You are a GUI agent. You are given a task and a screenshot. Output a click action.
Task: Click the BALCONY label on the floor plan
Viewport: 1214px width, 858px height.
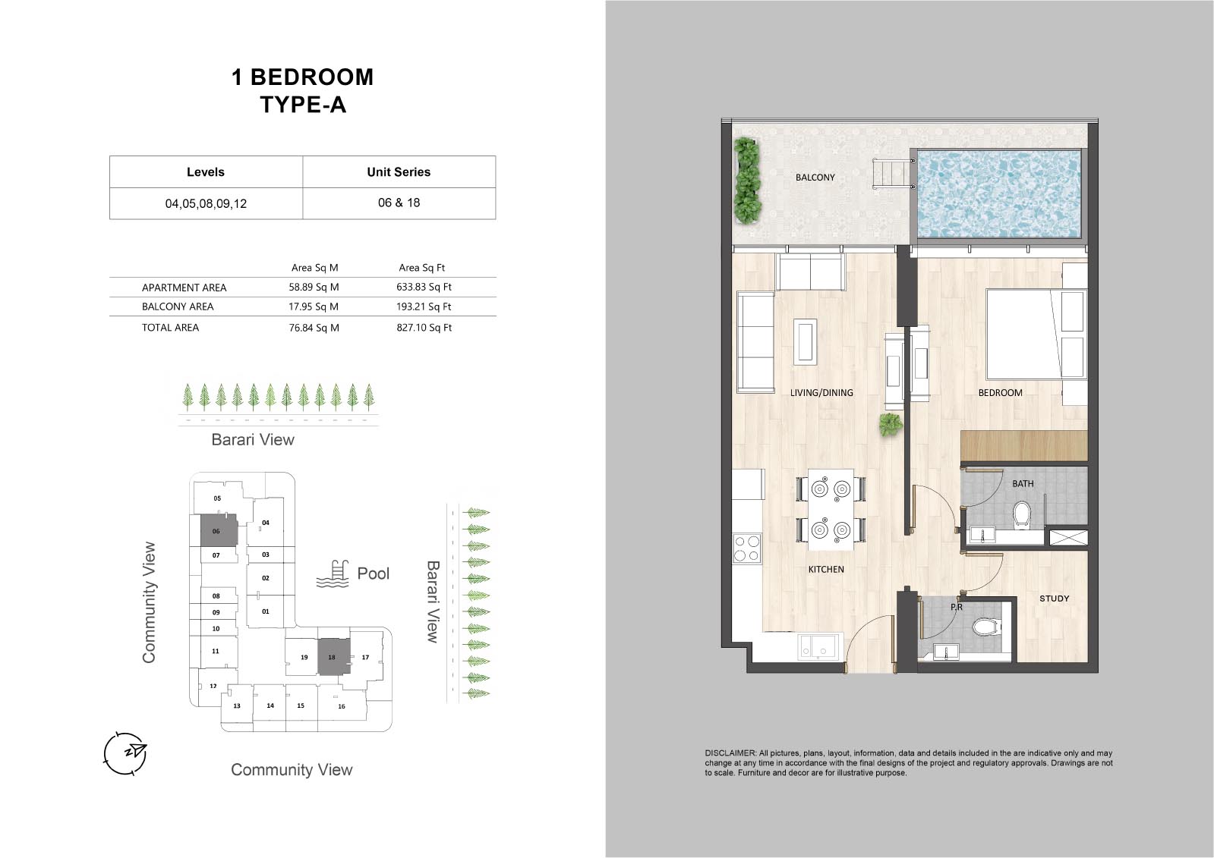tap(815, 177)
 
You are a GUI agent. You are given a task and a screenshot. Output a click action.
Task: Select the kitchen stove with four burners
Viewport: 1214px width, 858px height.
tap(746, 548)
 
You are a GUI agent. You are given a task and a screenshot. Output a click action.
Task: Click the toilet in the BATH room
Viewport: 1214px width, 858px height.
tap(1022, 514)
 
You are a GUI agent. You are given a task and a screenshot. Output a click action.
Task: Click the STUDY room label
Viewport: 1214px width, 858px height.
tap(1054, 599)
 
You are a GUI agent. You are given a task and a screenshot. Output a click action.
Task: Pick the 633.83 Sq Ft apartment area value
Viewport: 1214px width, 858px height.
tap(424, 287)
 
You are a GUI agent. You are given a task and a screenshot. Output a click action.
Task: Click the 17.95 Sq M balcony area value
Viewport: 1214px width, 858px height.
tap(314, 306)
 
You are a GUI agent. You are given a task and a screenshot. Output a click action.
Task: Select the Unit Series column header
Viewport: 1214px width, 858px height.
tap(399, 172)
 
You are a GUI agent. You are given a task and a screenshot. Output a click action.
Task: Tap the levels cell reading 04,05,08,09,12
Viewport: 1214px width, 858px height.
tap(206, 203)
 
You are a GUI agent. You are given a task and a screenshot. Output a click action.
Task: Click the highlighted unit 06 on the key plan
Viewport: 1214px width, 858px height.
tap(219, 530)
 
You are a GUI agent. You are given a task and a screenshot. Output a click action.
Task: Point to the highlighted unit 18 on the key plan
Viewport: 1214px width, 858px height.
tap(334, 656)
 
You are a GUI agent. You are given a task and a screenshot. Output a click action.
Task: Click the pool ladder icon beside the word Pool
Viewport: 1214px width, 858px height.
tap(333, 574)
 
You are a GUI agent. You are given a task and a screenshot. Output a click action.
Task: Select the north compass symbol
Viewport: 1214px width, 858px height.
tap(125, 753)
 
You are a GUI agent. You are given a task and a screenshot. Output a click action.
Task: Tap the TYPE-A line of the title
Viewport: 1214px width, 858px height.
tap(303, 105)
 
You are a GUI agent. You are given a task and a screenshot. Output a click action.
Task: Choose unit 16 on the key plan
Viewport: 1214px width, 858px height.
tap(342, 706)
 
